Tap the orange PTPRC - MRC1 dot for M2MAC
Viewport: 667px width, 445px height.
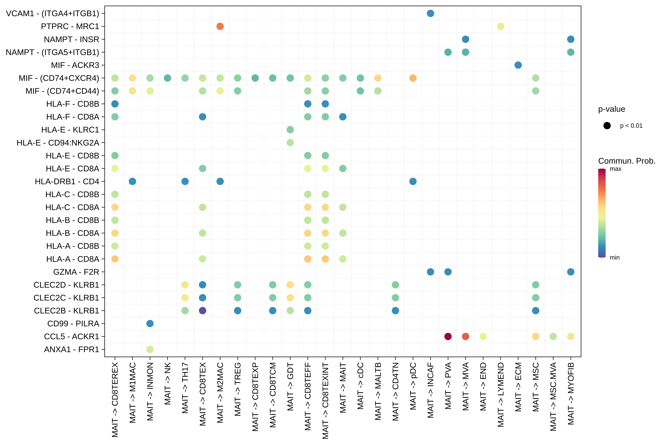click(220, 26)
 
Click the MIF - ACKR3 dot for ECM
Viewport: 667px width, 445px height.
click(518, 65)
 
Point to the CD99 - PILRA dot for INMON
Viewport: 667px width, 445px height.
click(150, 324)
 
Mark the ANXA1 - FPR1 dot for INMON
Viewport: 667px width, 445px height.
click(150, 349)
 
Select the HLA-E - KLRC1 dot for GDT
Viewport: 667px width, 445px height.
click(290, 130)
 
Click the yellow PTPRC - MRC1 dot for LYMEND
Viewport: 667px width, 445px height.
click(501, 26)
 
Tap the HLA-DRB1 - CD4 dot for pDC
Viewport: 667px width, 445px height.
click(413, 181)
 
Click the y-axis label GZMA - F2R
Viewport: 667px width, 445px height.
click(76, 272)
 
